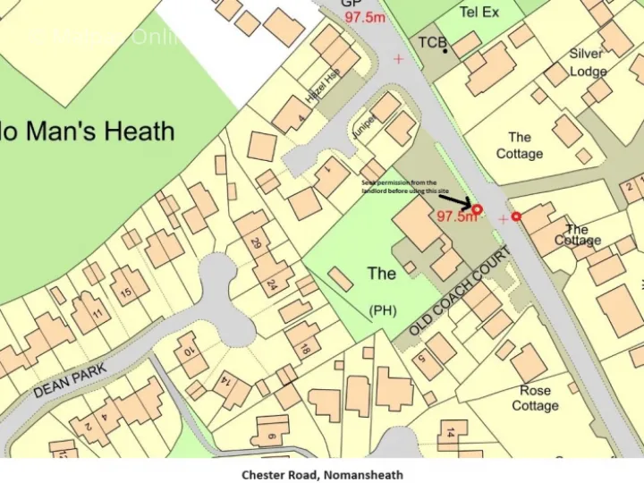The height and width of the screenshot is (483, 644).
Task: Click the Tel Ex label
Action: tap(479, 13)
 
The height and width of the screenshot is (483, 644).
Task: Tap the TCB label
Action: tap(431, 43)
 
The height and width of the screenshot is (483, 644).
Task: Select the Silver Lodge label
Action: tap(587, 63)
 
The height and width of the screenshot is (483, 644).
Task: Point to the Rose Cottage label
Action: tap(535, 398)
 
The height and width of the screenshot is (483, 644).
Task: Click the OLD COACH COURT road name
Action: tap(460, 292)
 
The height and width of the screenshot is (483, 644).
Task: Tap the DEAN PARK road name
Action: tap(70, 380)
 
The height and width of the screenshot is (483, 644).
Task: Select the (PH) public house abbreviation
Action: tap(383, 310)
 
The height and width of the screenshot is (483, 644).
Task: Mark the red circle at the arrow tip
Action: tap(477, 209)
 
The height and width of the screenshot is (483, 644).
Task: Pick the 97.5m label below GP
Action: tap(364, 18)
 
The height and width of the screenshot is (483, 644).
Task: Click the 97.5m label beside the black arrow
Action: tap(456, 216)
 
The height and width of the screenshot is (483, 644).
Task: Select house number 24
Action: tap(271, 285)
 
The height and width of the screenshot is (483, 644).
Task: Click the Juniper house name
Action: tap(363, 128)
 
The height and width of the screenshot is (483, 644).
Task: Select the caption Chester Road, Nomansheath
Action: tap(322, 474)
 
